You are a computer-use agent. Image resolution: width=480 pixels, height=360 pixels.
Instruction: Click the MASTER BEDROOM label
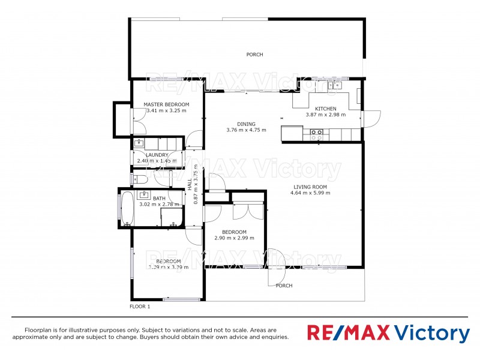coord(166,104)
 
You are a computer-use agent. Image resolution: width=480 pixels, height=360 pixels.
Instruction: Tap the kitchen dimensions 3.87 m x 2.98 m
coord(325,115)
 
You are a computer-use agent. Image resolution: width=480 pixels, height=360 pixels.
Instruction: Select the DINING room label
coord(246,124)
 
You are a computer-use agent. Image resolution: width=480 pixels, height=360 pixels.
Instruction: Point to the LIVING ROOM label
coord(310,187)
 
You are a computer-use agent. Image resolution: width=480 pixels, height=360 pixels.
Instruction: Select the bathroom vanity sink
coord(144,194)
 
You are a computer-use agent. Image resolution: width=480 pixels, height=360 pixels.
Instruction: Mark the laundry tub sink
coord(139,143)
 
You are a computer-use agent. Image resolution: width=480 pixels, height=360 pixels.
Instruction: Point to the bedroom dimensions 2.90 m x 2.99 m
coord(234,238)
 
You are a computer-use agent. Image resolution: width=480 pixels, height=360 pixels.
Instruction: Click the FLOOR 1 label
coord(140,307)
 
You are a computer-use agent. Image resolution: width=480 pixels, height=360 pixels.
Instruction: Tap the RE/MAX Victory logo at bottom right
coord(388,333)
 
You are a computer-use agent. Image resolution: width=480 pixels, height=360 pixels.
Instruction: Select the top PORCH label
coord(254,55)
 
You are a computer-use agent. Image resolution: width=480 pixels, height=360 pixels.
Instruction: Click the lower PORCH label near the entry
coord(284,286)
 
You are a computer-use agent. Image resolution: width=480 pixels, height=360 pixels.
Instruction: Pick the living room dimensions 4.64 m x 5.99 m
coord(310,193)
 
